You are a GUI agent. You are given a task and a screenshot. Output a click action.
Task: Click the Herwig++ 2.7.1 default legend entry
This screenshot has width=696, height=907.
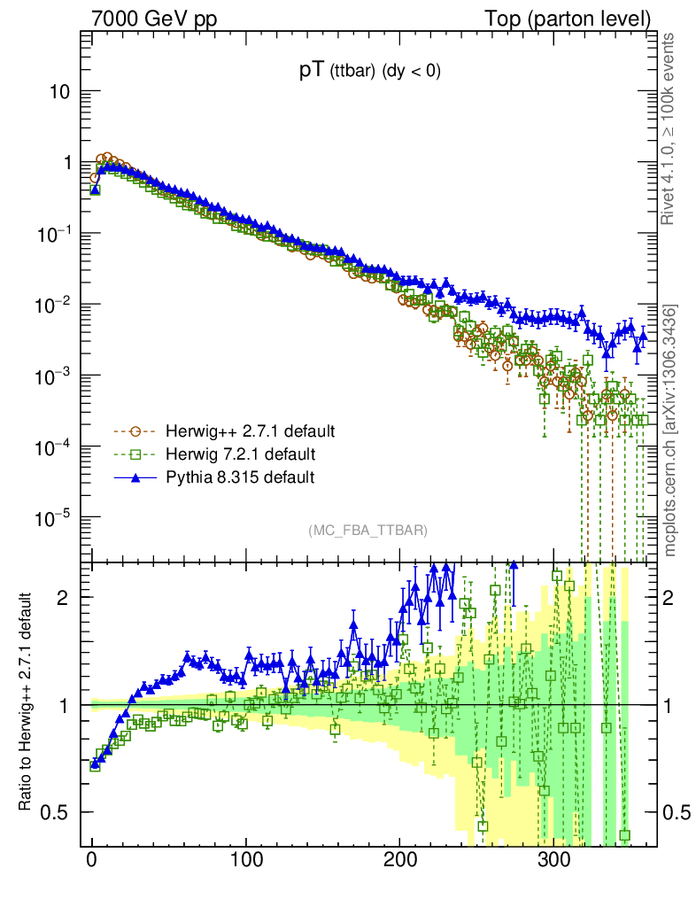[x=250, y=432]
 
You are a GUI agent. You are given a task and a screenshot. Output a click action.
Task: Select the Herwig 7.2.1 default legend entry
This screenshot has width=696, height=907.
[x=241, y=454]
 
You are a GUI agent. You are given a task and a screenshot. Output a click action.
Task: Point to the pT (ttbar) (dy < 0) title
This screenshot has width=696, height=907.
[x=369, y=73]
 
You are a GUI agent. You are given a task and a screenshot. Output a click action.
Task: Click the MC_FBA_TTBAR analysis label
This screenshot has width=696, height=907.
[x=368, y=531]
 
